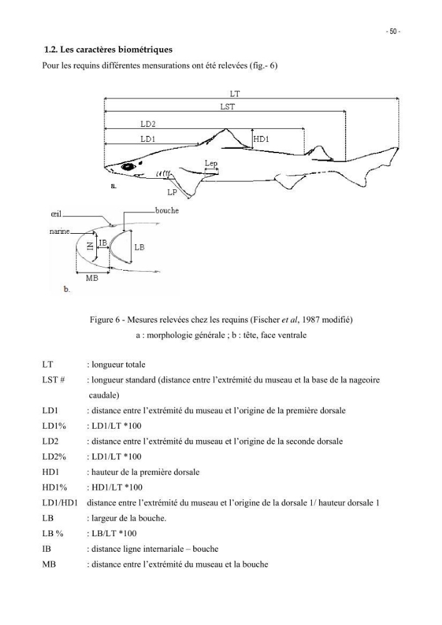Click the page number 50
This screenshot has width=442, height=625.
point(393,31)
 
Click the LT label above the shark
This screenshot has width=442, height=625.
point(234,94)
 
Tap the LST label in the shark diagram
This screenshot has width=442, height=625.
point(228,106)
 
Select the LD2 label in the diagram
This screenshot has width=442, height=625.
point(148,124)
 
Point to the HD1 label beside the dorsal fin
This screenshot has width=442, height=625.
point(261,139)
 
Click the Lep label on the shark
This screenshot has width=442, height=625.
point(211,163)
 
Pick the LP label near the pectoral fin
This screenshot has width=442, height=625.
point(172,192)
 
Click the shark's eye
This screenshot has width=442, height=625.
point(128,167)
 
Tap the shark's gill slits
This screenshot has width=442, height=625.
point(164,173)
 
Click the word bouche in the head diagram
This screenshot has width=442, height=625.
point(167,211)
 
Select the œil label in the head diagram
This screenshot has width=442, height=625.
point(56,214)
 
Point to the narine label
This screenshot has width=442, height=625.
point(60,231)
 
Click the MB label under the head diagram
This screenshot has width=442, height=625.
point(92,278)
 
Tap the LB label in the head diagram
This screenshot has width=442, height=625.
point(139,247)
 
